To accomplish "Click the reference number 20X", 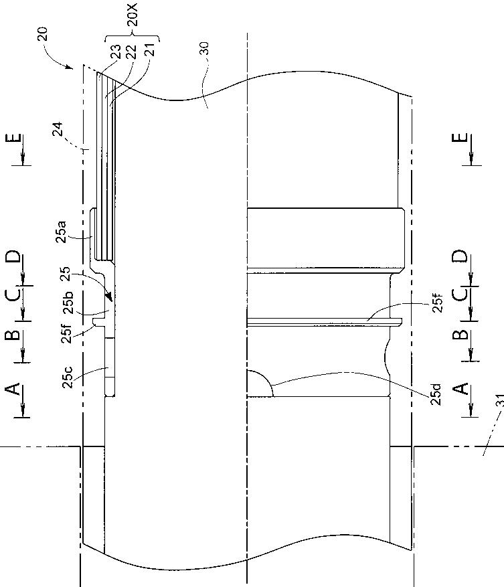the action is tap(133, 15).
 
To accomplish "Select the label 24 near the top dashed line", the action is tap(58, 130).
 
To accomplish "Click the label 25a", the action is tap(61, 232).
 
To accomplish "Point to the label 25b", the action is tap(68, 303).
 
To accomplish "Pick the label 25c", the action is tap(68, 377).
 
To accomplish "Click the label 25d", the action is tap(436, 394).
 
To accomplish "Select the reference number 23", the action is tap(115, 52).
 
